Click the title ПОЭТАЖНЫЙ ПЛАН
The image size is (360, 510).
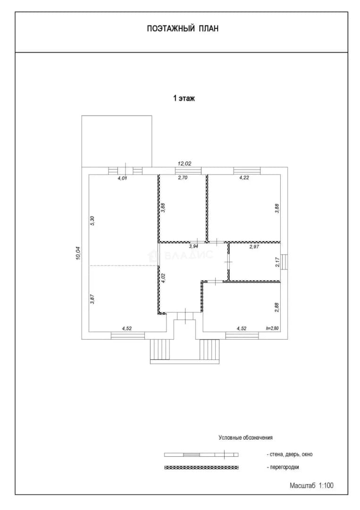pyautogui.click(x=183, y=29)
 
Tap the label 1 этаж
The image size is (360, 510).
pyautogui.click(x=184, y=98)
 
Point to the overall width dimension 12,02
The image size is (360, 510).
pyautogui.click(x=184, y=163)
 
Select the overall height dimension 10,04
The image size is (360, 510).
pyautogui.click(x=78, y=253)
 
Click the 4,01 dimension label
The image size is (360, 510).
pyautogui.click(x=122, y=178)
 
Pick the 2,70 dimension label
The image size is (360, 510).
pyautogui.click(x=183, y=178)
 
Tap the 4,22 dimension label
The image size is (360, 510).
pyautogui.click(x=244, y=178)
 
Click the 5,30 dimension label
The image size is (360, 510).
pyautogui.click(x=92, y=221)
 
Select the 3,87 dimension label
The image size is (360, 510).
pyautogui.click(x=92, y=299)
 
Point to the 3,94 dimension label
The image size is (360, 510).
pyautogui.click(x=193, y=246)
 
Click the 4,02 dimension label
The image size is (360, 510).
pyautogui.click(x=163, y=278)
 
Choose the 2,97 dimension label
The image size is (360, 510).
pyautogui.click(x=254, y=247)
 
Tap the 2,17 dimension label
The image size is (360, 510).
pyautogui.click(x=277, y=262)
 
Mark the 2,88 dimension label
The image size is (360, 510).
pyautogui.click(x=277, y=308)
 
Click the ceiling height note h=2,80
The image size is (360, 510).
pyautogui.click(x=272, y=328)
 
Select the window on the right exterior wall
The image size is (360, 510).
pyautogui.click(x=285, y=262)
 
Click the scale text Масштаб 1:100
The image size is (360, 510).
pyautogui.click(x=311, y=485)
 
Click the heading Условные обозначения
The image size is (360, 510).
pyautogui.click(x=246, y=438)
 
